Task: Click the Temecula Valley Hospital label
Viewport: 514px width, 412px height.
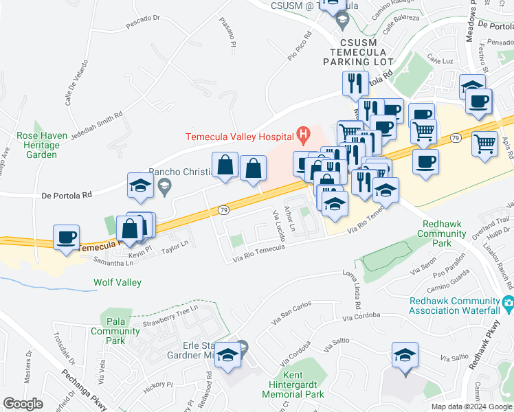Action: click(238, 136)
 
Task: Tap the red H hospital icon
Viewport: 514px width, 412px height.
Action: click(301, 133)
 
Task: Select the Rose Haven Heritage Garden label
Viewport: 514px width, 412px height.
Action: click(43, 145)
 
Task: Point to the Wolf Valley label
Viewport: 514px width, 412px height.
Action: click(118, 282)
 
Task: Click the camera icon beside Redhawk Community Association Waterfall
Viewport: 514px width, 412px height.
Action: click(509, 302)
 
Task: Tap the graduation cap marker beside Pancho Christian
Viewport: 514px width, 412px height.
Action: click(139, 185)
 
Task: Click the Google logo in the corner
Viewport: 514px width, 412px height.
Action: click(23, 404)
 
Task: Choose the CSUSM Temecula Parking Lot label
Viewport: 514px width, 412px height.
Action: click(357, 52)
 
